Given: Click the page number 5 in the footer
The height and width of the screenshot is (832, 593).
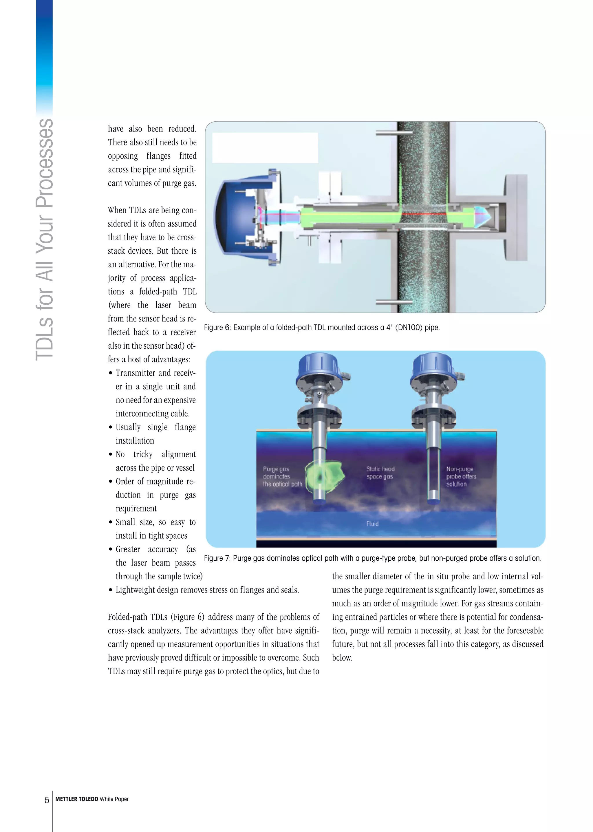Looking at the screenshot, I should coord(47,800).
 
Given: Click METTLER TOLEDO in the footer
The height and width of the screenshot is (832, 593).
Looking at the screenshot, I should coord(77,799).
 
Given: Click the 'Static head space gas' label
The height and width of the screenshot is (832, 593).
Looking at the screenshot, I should coord(380,473).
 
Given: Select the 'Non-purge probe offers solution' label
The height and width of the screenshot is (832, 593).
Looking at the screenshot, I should coord(461,476).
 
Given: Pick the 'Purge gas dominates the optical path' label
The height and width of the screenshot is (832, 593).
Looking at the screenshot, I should coord(282,476).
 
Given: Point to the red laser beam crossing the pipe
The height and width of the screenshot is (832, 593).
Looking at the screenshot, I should coord(424,214).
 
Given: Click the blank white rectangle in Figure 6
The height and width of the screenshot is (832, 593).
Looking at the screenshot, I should coord(265,148).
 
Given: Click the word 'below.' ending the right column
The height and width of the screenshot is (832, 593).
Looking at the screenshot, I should coord(342,658).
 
